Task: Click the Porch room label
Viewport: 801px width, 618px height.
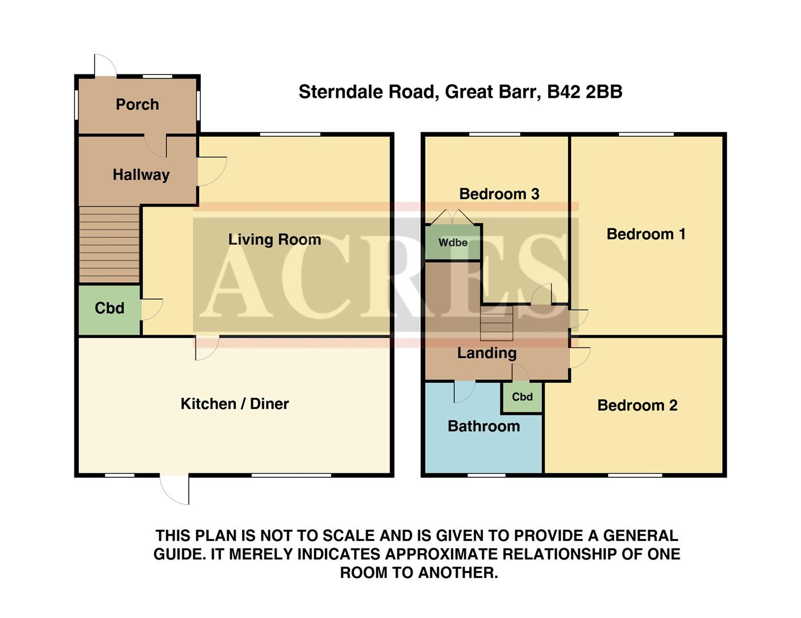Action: tap(137, 105)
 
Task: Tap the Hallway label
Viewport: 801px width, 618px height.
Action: tap(141, 175)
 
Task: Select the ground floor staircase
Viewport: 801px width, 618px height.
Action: tap(109, 244)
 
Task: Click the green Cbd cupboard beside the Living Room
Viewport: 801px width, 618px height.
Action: tap(109, 308)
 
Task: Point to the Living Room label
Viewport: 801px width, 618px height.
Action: tap(274, 240)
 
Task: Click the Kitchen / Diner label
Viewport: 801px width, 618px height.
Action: tap(235, 404)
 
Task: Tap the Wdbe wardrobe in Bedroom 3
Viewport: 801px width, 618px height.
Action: tap(453, 243)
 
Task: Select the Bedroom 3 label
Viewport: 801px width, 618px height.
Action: tap(499, 194)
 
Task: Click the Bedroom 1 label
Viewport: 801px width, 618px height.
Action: tap(646, 234)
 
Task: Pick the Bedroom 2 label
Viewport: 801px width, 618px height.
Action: tap(637, 406)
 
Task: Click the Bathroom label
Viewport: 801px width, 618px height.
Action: tap(483, 426)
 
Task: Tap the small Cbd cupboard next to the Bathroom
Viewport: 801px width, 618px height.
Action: tap(522, 397)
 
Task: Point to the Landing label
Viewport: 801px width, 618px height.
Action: tap(486, 353)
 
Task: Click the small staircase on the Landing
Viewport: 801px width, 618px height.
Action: tap(496, 323)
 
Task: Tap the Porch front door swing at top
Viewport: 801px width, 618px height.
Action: tap(104, 65)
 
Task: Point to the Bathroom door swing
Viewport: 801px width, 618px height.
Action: tap(463, 391)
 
